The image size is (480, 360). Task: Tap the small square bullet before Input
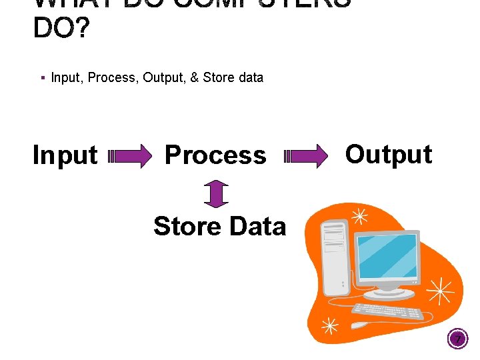click(x=42, y=77)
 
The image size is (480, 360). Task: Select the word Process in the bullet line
click(x=111, y=77)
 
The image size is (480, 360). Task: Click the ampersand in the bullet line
click(x=194, y=77)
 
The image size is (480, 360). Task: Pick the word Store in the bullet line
click(x=219, y=77)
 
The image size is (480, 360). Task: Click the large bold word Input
click(x=65, y=155)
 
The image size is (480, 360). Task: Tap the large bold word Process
click(x=215, y=155)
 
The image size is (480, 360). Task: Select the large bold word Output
click(x=389, y=154)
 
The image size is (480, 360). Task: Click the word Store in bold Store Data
click(x=187, y=227)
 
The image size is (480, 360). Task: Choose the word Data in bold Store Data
click(x=256, y=227)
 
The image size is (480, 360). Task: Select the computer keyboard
click(x=387, y=311)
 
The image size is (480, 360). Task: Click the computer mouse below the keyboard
click(x=364, y=325)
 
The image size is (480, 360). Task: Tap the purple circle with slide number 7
click(x=458, y=341)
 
